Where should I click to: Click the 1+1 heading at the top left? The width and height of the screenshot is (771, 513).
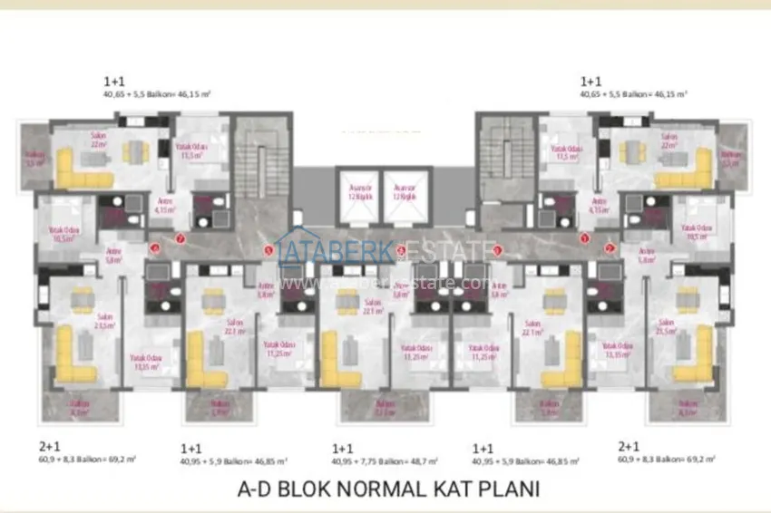pos(114,81)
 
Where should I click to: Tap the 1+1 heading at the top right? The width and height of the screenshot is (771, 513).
pos(591,81)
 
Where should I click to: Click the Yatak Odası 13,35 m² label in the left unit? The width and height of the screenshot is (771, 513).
pos(142,362)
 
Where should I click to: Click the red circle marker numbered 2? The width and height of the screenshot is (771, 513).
pos(610,246)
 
